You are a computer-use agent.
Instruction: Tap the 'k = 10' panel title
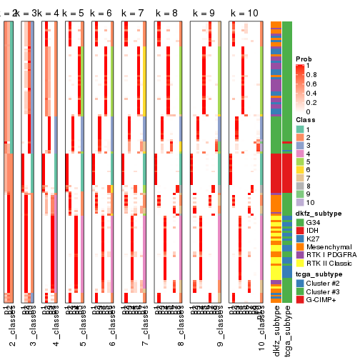(244, 14)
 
